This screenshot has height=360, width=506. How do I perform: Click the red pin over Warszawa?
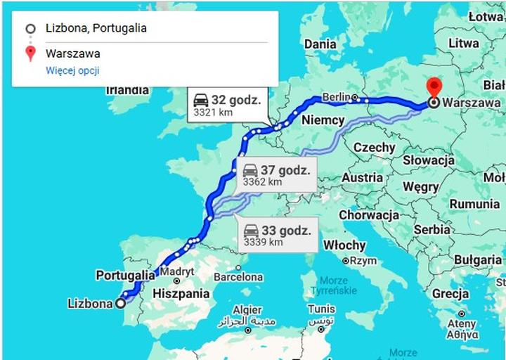(434, 88)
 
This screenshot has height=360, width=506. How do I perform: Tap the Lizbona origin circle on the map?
(120, 304)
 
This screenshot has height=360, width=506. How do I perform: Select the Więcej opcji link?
(72, 70)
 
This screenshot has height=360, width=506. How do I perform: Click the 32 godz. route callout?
(226, 105)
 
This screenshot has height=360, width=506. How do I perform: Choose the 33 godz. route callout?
(275, 236)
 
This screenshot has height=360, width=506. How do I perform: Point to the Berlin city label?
(337, 97)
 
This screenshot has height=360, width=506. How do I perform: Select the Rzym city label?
(363, 260)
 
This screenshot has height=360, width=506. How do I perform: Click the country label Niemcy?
(323, 120)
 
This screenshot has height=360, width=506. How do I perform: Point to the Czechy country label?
(374, 148)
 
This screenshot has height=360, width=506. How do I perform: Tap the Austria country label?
(362, 178)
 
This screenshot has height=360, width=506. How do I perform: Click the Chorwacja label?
(369, 215)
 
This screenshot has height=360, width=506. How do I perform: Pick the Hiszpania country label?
(181, 293)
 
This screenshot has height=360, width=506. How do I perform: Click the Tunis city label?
(321, 309)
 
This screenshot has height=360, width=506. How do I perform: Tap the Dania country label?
(320, 44)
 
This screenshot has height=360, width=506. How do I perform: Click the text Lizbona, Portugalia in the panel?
(96, 29)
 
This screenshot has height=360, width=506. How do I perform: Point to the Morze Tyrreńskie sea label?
(332, 285)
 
